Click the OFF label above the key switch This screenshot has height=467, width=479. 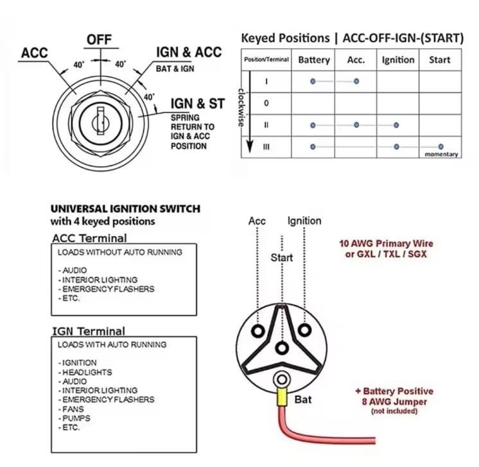(100, 40)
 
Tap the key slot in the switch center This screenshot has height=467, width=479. (101, 121)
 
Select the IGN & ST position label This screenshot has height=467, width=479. (198, 104)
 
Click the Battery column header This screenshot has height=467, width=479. (314, 60)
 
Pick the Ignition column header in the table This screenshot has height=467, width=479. (398, 60)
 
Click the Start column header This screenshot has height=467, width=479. (440, 60)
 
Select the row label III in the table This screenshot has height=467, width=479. (266, 147)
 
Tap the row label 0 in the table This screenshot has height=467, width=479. (266, 103)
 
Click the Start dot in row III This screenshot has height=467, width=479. (440, 147)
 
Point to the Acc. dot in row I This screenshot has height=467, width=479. (356, 81)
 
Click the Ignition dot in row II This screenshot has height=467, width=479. (396, 125)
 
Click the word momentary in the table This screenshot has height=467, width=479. (441, 154)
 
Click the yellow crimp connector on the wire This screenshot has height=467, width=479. (282, 396)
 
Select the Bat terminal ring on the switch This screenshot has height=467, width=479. (282, 380)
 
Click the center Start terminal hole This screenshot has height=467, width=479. (282, 348)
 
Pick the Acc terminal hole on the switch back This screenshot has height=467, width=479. (258, 331)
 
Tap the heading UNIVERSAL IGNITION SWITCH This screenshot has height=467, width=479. (125, 208)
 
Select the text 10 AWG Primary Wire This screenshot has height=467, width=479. (386, 244)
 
